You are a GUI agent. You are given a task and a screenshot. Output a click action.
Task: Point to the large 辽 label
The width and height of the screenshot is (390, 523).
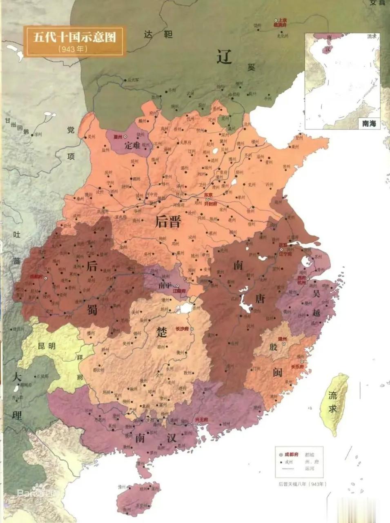click(224, 57)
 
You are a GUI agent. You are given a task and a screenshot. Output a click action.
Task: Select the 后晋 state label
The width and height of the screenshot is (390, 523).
click(168, 221)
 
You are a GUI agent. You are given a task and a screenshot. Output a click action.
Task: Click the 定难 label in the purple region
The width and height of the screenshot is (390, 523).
click(132, 145)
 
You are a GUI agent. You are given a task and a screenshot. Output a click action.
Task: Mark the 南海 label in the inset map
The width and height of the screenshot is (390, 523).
click(368, 123)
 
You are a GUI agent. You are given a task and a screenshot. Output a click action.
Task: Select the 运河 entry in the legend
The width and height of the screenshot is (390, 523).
click(309, 468)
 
